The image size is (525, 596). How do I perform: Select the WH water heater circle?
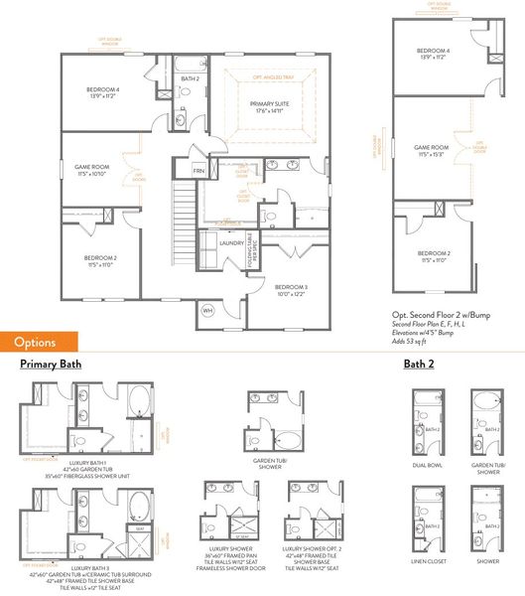pyautogui.click(x=208, y=310)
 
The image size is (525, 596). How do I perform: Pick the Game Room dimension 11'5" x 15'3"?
pyautogui.click(x=432, y=152)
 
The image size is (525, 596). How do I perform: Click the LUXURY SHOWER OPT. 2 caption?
pyautogui.click(x=314, y=547)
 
